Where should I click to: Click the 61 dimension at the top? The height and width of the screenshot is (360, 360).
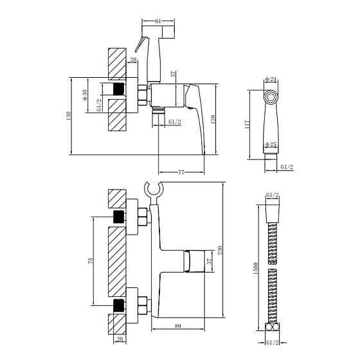click(x=158, y=21)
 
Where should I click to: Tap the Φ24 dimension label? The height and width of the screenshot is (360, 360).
click(x=271, y=80)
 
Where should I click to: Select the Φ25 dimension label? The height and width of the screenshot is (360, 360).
click(x=271, y=145)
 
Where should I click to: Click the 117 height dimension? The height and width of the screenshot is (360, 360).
click(x=248, y=124)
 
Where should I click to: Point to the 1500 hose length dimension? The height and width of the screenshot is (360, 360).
click(x=256, y=268)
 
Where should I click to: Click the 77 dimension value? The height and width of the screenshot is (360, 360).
click(x=181, y=172)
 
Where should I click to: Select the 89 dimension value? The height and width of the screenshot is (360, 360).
click(x=178, y=326)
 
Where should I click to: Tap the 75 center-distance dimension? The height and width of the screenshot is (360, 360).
click(x=91, y=260)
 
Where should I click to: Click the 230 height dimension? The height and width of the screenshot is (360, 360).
click(x=220, y=250)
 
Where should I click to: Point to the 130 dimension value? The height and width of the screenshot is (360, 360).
click(x=69, y=116)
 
